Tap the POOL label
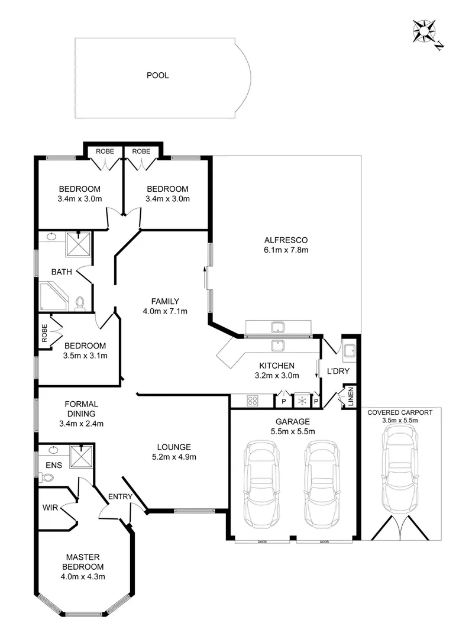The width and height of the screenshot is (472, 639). point(158,75)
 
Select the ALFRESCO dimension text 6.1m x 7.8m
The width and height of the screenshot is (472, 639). point(287,250)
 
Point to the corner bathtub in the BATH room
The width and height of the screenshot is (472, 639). point(53,296)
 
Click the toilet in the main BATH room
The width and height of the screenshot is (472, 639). point(81,303)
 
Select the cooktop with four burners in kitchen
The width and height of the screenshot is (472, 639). point(253,401)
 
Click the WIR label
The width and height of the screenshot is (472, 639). point(50,507)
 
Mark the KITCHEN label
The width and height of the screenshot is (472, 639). point(277,365)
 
